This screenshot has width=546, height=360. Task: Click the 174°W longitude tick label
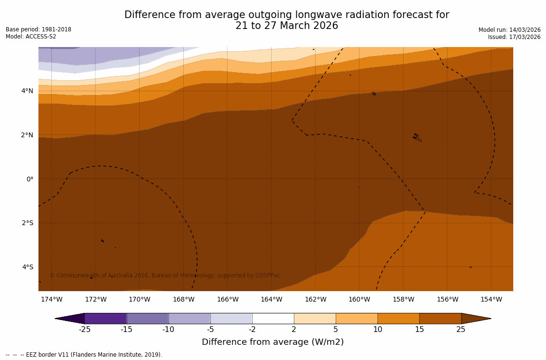point(51,299)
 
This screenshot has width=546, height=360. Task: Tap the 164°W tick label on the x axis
point(271,299)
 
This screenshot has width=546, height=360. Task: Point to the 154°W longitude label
point(491,299)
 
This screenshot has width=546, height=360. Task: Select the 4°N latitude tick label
point(28,91)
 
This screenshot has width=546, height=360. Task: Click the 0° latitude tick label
point(29,179)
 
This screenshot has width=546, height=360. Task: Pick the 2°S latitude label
point(28,223)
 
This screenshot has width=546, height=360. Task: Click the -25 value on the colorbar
point(85,330)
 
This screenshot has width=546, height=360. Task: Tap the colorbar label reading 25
point(461,330)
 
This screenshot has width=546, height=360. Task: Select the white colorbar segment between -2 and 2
point(273,318)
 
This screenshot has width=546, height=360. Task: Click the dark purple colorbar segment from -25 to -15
point(105,318)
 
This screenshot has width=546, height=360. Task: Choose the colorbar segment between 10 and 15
point(398,318)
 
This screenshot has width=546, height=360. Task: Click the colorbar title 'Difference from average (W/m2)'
point(273,342)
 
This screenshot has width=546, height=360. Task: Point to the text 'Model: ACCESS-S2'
point(31,37)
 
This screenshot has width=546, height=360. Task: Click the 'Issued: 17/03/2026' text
point(514,37)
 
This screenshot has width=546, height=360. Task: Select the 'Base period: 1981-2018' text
point(38,29)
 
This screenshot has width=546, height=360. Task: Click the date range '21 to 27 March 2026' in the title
point(287,26)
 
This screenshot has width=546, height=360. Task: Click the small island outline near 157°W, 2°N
point(417,137)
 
